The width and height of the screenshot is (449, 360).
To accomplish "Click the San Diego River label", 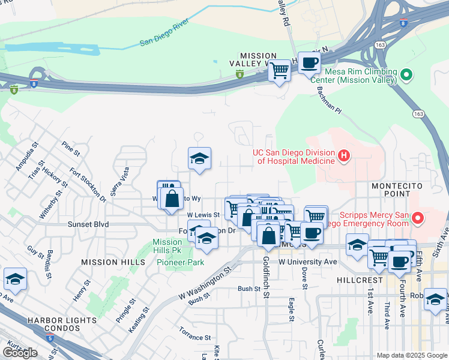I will point(164,34).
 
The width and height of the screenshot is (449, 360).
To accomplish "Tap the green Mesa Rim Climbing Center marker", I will point(406,75).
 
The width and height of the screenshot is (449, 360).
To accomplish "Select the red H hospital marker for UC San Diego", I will point(343,157).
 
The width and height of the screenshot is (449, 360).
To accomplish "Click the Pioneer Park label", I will point(180,262).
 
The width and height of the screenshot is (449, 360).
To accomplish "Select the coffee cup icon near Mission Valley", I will point(309,62).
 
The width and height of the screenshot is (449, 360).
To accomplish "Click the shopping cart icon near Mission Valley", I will point(279,70).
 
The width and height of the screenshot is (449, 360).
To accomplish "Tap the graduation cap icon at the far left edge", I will point(15,279).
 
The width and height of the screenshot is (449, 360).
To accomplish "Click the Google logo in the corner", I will point(19,353).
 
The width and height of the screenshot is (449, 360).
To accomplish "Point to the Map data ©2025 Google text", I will point(412,355).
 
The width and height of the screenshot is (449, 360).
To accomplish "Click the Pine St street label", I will point(71,149).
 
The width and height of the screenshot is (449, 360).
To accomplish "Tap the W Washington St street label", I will point(205,280).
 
